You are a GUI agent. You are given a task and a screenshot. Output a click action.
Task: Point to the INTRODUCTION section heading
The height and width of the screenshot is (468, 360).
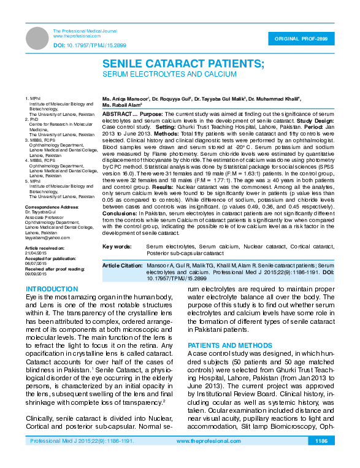point(52,288)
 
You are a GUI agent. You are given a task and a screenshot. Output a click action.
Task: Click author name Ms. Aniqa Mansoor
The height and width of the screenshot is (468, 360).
point(126,98)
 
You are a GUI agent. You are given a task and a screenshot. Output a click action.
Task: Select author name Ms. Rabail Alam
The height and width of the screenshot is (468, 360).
point(123,105)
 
